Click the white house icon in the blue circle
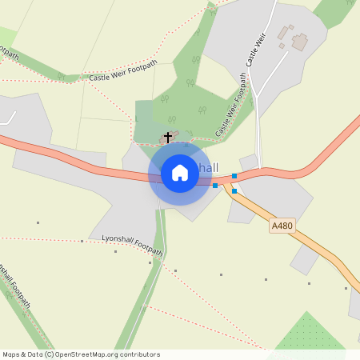(x=180, y=173)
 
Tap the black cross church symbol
(x=168, y=137)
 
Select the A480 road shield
(x=282, y=226)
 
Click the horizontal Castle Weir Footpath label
(x=123, y=71)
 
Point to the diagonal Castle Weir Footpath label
(x=230, y=106)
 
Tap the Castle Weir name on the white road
(x=255, y=50)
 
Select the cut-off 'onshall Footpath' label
(x=16, y=284)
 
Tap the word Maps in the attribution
(x=11, y=354)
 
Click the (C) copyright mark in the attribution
(x=49, y=354)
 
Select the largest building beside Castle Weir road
(x=300, y=41)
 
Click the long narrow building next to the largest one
(x=282, y=34)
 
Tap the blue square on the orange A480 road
(x=234, y=190)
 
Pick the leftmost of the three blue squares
(x=215, y=186)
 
